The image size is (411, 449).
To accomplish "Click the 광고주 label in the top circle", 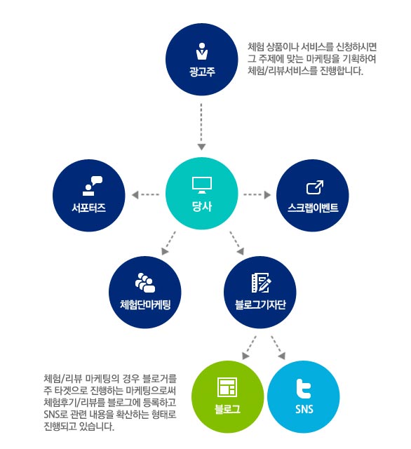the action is pyautogui.click(x=202, y=72).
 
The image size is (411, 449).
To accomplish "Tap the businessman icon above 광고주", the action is pyautogui.click(x=202, y=51).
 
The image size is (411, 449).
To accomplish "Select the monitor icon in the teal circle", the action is pyautogui.click(x=202, y=185).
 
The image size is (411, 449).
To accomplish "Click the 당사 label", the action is pyautogui.click(x=202, y=206).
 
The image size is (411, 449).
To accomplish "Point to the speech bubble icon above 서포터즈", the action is pyautogui.click(x=93, y=185).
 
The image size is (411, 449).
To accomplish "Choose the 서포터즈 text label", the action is pyautogui.click(x=89, y=208).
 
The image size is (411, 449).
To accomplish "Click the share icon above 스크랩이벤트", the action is pyautogui.click(x=315, y=187).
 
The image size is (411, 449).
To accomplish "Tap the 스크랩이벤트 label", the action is pyautogui.click(x=313, y=208).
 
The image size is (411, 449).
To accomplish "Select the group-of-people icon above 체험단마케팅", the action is pyautogui.click(x=145, y=283).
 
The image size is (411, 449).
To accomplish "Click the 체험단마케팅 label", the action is pyautogui.click(x=145, y=304).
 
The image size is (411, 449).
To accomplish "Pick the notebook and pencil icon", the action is pyautogui.click(x=261, y=283).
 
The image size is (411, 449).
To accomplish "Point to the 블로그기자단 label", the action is pyautogui.click(x=260, y=304).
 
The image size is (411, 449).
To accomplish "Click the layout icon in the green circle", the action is pyautogui.click(x=227, y=387).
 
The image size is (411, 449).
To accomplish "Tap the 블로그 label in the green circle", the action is pyautogui.click(x=227, y=409).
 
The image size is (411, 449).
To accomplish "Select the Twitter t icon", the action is pyautogui.click(x=304, y=389).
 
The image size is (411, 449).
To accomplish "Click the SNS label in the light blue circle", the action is pyautogui.click(x=304, y=409).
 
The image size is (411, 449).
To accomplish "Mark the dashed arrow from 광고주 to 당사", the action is pyautogui.click(x=201, y=126).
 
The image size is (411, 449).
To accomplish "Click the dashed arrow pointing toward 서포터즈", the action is pyautogui.click(x=145, y=195).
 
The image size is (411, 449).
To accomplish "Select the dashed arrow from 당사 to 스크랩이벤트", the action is pyautogui.click(x=257, y=195).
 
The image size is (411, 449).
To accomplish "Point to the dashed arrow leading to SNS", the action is pyautogui.click(x=278, y=347).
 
